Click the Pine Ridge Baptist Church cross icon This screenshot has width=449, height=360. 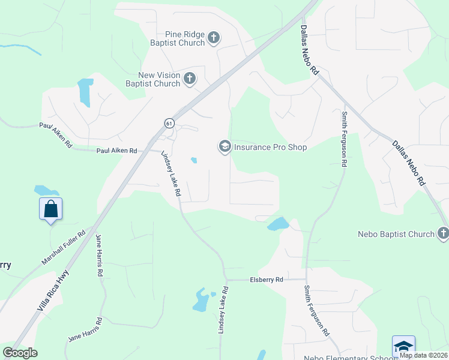213,39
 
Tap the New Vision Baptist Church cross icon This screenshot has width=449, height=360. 190,78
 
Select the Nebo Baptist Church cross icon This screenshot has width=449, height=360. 443,233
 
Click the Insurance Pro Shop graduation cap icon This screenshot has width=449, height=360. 224,147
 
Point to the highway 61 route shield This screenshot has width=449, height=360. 169,124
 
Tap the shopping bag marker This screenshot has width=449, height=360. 51,209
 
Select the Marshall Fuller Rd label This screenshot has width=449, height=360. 65,250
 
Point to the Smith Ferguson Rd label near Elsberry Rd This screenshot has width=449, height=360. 316,310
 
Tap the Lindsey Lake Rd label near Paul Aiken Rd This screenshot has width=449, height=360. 171,174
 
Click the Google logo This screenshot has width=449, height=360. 20,353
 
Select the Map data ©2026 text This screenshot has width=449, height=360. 423,355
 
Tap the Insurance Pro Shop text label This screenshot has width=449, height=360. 270,147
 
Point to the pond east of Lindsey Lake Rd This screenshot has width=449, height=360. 278,224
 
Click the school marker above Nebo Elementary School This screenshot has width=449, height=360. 403,346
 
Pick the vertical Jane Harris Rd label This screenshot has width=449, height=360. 99,255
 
